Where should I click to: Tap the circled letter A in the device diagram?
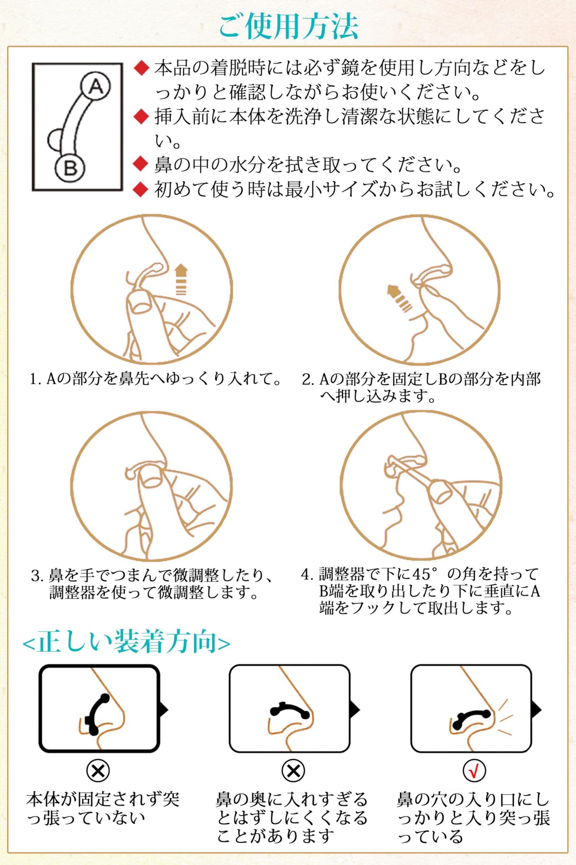(x=95, y=87)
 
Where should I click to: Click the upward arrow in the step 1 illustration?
(x=181, y=280)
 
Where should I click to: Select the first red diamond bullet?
(x=141, y=68)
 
